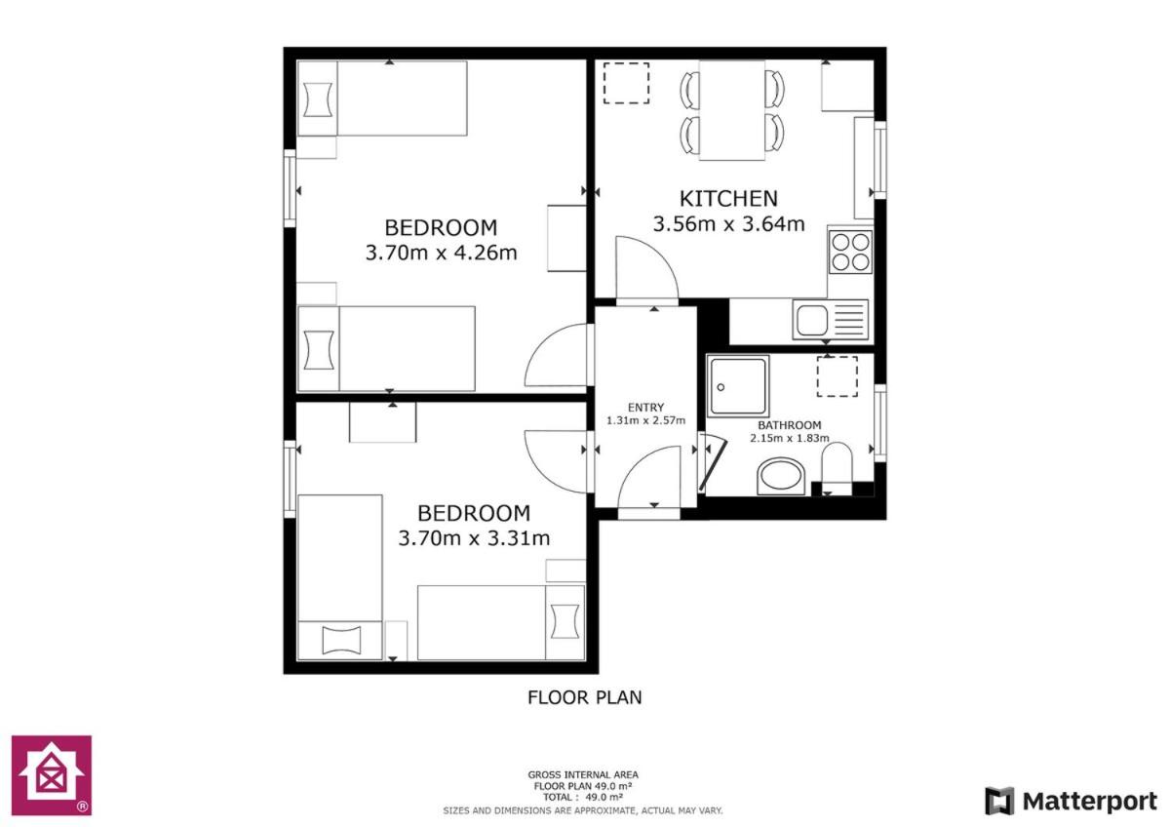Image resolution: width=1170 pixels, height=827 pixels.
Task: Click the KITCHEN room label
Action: tap(728, 199)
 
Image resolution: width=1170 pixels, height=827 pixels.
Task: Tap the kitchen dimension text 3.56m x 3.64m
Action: tap(728, 223)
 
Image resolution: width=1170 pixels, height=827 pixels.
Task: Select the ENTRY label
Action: tap(645, 407)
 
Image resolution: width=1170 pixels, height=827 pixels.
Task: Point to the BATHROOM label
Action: tap(789, 425)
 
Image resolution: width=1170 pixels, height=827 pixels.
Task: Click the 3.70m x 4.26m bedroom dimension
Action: tap(441, 253)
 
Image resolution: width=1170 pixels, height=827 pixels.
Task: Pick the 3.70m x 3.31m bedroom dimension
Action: tap(474, 537)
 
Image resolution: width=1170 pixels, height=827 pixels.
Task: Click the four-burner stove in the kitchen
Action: tap(850, 252)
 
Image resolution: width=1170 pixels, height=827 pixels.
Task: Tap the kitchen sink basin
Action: tap(811, 320)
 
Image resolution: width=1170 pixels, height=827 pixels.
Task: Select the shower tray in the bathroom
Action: tap(737, 386)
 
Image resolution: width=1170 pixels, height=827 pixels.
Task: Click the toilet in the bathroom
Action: tap(837, 468)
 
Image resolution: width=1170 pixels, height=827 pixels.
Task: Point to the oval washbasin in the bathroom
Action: tap(781, 476)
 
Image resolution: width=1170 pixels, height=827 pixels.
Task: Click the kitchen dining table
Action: tap(732, 110)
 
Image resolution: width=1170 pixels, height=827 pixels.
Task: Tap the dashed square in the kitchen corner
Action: tap(626, 83)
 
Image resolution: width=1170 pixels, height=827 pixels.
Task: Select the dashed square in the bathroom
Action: tap(837, 376)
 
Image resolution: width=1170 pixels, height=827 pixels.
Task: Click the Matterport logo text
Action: tap(1089, 802)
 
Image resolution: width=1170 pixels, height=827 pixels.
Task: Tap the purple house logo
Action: tap(52, 774)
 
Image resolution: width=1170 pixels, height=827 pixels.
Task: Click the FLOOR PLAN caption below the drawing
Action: tap(584, 697)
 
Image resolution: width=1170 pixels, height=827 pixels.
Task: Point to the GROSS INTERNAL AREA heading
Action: tap(583, 774)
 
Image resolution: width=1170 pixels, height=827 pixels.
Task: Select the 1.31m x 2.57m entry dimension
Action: tap(645, 420)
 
